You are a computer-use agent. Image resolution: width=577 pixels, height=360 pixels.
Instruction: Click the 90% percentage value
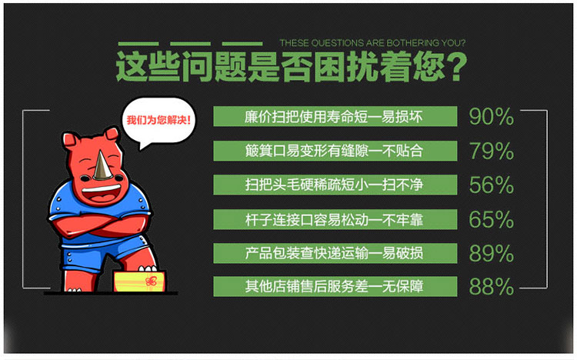pyautogui.click(x=492, y=116)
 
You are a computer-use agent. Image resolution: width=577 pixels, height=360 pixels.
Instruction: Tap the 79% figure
pyautogui.click(x=492, y=151)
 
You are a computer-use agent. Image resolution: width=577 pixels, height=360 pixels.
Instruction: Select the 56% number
pyautogui.click(x=492, y=185)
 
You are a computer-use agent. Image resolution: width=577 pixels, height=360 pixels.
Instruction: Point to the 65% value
pyautogui.click(x=492, y=219)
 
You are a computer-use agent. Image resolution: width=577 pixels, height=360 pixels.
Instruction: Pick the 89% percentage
pyautogui.click(x=492, y=253)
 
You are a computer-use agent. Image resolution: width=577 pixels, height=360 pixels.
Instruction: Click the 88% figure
pyautogui.click(x=492, y=287)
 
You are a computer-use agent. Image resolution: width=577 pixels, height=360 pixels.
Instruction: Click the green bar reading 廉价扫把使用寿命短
pyautogui.click(x=335, y=116)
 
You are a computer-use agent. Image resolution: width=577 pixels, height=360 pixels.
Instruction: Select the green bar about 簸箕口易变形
pyautogui.click(x=335, y=151)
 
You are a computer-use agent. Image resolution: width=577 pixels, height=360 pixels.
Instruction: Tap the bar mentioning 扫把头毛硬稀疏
pyautogui.click(x=335, y=185)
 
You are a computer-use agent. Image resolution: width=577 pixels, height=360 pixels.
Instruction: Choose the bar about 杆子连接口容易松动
pyautogui.click(x=335, y=219)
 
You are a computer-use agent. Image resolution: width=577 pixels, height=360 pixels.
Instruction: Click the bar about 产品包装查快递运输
pyautogui.click(x=335, y=253)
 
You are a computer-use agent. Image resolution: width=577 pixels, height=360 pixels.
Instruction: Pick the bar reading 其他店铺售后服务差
pyautogui.click(x=335, y=286)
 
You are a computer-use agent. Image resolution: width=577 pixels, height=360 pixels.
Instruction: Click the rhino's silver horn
pyautogui.click(x=102, y=168)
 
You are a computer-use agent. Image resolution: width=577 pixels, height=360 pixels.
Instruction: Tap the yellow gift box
pyautogui.click(x=139, y=282)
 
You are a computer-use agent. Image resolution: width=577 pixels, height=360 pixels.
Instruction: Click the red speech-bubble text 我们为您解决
pyautogui.click(x=158, y=120)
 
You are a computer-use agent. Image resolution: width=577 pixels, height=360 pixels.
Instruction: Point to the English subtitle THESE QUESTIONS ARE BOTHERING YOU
pyautogui.click(x=372, y=43)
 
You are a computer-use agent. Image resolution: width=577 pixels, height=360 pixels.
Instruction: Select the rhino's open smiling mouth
pyautogui.click(x=102, y=193)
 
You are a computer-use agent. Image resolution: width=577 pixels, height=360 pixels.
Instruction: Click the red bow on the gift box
pyautogui.click(x=152, y=282)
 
